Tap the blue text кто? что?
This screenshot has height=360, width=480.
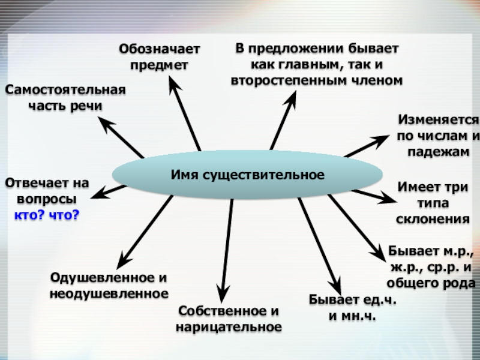click(47, 214)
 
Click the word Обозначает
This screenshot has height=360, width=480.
click(159, 48)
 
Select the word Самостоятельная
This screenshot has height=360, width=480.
click(65, 90)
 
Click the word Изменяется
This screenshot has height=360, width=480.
click(438, 120)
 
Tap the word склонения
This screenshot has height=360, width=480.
click(433, 219)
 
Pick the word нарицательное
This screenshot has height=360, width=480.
click(229, 327)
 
